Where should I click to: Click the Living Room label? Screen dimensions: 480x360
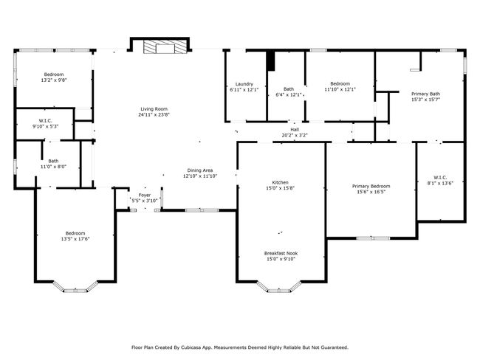pyautogui.click(x=154, y=109)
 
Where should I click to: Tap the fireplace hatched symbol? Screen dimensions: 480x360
pyautogui.click(x=165, y=46)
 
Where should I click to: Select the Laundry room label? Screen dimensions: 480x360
pyautogui.click(x=244, y=84)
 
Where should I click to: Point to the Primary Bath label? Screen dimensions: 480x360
pyautogui.click(x=425, y=94)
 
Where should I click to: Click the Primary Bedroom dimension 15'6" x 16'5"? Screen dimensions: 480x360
pyautogui.click(x=371, y=192)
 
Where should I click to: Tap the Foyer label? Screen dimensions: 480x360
pyautogui.click(x=145, y=195)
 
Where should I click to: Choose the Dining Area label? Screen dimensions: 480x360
pyautogui.click(x=200, y=170)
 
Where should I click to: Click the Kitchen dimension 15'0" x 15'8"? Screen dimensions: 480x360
pyautogui.click(x=280, y=188)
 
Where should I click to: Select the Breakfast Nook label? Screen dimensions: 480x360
pyautogui.click(x=281, y=253)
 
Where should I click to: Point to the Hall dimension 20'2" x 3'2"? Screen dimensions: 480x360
pyautogui.click(x=295, y=135)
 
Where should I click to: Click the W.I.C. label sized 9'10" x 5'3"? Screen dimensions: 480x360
pyautogui.click(x=46, y=120)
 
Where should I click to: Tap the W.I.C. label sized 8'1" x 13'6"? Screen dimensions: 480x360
pyautogui.click(x=440, y=177)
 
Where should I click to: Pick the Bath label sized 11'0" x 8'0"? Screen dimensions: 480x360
pyautogui.click(x=53, y=161)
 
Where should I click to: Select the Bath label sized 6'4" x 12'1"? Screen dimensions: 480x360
pyautogui.click(x=289, y=89)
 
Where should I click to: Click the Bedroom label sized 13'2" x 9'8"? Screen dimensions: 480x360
pyautogui.click(x=54, y=75)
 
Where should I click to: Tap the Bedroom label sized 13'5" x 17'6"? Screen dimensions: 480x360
pyautogui.click(x=75, y=233)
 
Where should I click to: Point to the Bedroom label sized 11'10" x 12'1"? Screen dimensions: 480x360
pyautogui.click(x=340, y=83)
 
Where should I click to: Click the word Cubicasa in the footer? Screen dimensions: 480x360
pyautogui.click(x=191, y=347)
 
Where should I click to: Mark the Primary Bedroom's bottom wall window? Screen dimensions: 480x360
pyautogui.click(x=373, y=238)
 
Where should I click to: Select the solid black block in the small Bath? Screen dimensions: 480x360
pyautogui.click(x=271, y=61)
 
